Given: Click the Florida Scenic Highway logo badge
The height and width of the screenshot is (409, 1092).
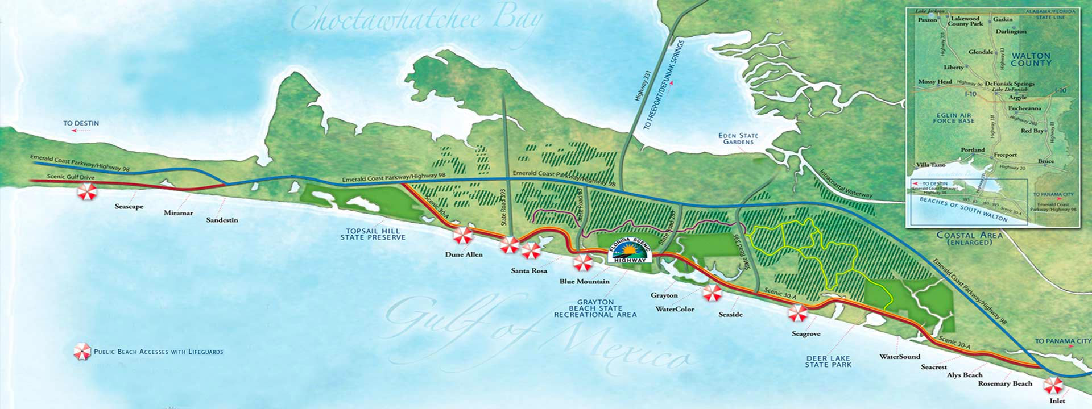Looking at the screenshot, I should (x=628, y=251).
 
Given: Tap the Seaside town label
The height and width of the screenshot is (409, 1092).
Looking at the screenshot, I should (x=730, y=315).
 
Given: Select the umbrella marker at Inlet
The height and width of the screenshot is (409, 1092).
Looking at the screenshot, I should (x=1053, y=386).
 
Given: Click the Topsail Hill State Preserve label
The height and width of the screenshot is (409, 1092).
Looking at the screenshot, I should (x=373, y=234).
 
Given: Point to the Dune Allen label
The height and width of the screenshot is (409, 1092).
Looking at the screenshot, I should (x=464, y=254).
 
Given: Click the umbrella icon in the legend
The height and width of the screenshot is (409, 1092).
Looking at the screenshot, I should (x=82, y=352).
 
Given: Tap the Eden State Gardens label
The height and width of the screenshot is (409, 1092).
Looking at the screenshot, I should (x=738, y=139).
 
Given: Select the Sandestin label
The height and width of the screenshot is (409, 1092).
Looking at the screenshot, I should (x=222, y=220).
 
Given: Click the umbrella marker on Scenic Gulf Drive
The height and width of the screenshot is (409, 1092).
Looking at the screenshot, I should (x=87, y=192).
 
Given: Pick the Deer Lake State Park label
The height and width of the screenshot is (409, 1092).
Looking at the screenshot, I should (x=828, y=361).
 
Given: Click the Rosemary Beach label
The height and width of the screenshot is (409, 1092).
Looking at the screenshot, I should (x=1005, y=383).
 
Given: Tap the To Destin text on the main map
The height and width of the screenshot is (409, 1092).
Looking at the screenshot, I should (x=81, y=123).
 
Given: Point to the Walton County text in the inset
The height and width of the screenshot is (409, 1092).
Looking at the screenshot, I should (x=1031, y=60).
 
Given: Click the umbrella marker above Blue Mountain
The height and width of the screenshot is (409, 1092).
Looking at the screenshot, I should (x=583, y=262).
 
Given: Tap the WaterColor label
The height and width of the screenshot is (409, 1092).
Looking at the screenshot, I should (x=675, y=310).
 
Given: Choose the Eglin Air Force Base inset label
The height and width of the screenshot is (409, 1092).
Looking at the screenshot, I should (x=954, y=118).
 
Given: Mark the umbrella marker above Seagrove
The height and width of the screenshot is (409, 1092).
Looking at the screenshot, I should (x=797, y=313).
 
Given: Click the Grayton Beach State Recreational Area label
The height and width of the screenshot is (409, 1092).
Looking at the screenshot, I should (x=595, y=308).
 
